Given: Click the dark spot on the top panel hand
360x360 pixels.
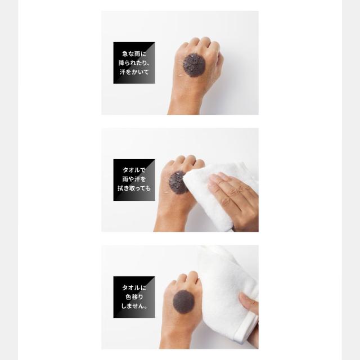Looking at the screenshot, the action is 193,65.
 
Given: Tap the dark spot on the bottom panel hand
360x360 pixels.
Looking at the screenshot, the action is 184,301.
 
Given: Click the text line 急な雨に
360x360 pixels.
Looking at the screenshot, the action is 134,54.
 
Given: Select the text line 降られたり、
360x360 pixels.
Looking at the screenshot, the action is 134,62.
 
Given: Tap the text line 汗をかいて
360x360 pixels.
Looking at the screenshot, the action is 134,72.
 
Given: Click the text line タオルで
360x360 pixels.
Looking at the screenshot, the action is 134,170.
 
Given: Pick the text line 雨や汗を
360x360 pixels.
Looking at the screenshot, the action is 134,179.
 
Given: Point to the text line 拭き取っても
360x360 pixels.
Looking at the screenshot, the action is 134,188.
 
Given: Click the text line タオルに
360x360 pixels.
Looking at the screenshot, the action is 134,287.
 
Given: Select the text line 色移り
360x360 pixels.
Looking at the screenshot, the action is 134,296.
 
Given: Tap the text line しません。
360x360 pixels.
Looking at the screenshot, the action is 134,306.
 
